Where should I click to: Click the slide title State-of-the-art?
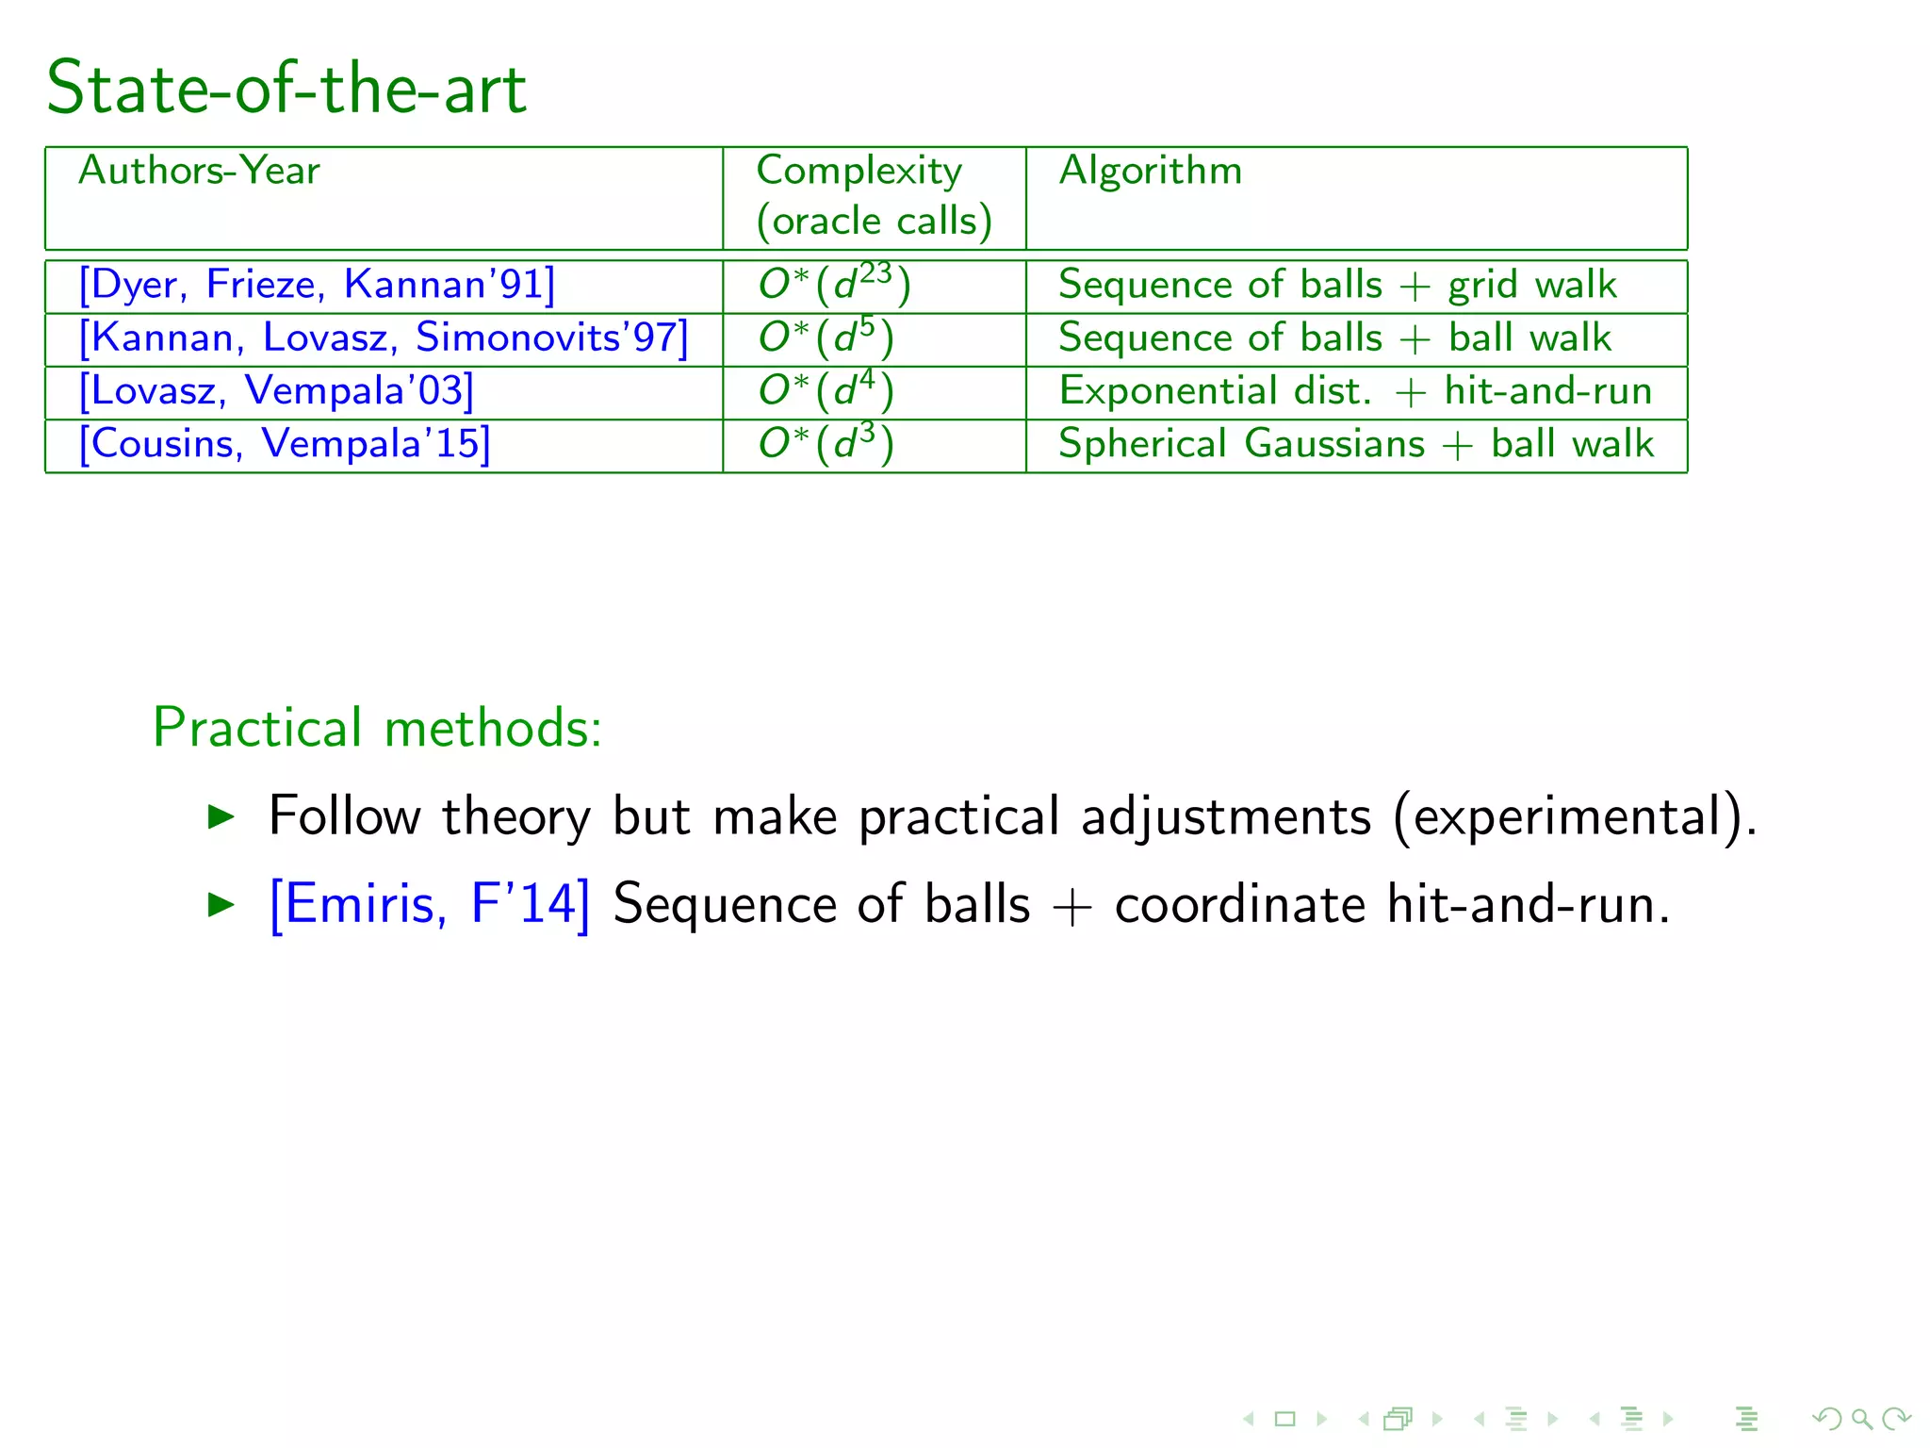click(286, 88)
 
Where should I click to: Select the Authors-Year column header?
click(199, 171)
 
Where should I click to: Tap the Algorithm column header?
click(1150, 171)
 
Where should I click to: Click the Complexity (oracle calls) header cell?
click(873, 196)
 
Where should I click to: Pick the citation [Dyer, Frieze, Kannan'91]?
click(317, 285)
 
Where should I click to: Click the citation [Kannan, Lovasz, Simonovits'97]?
click(384, 337)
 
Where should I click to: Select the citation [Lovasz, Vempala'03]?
click(276, 390)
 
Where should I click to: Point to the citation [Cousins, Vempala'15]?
click(285, 444)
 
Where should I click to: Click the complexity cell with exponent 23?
click(835, 285)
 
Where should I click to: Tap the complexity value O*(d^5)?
click(826, 337)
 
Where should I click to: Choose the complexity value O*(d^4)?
click(826, 390)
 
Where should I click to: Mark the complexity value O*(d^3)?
click(826, 443)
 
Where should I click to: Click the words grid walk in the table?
click(1532, 285)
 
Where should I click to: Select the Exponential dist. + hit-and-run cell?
click(1355, 390)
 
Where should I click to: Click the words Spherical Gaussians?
click(1241, 444)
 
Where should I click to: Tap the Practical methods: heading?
click(377, 728)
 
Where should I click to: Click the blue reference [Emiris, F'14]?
click(430, 904)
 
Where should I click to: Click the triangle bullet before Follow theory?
click(221, 816)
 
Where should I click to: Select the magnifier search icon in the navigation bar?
click(1861, 1418)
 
